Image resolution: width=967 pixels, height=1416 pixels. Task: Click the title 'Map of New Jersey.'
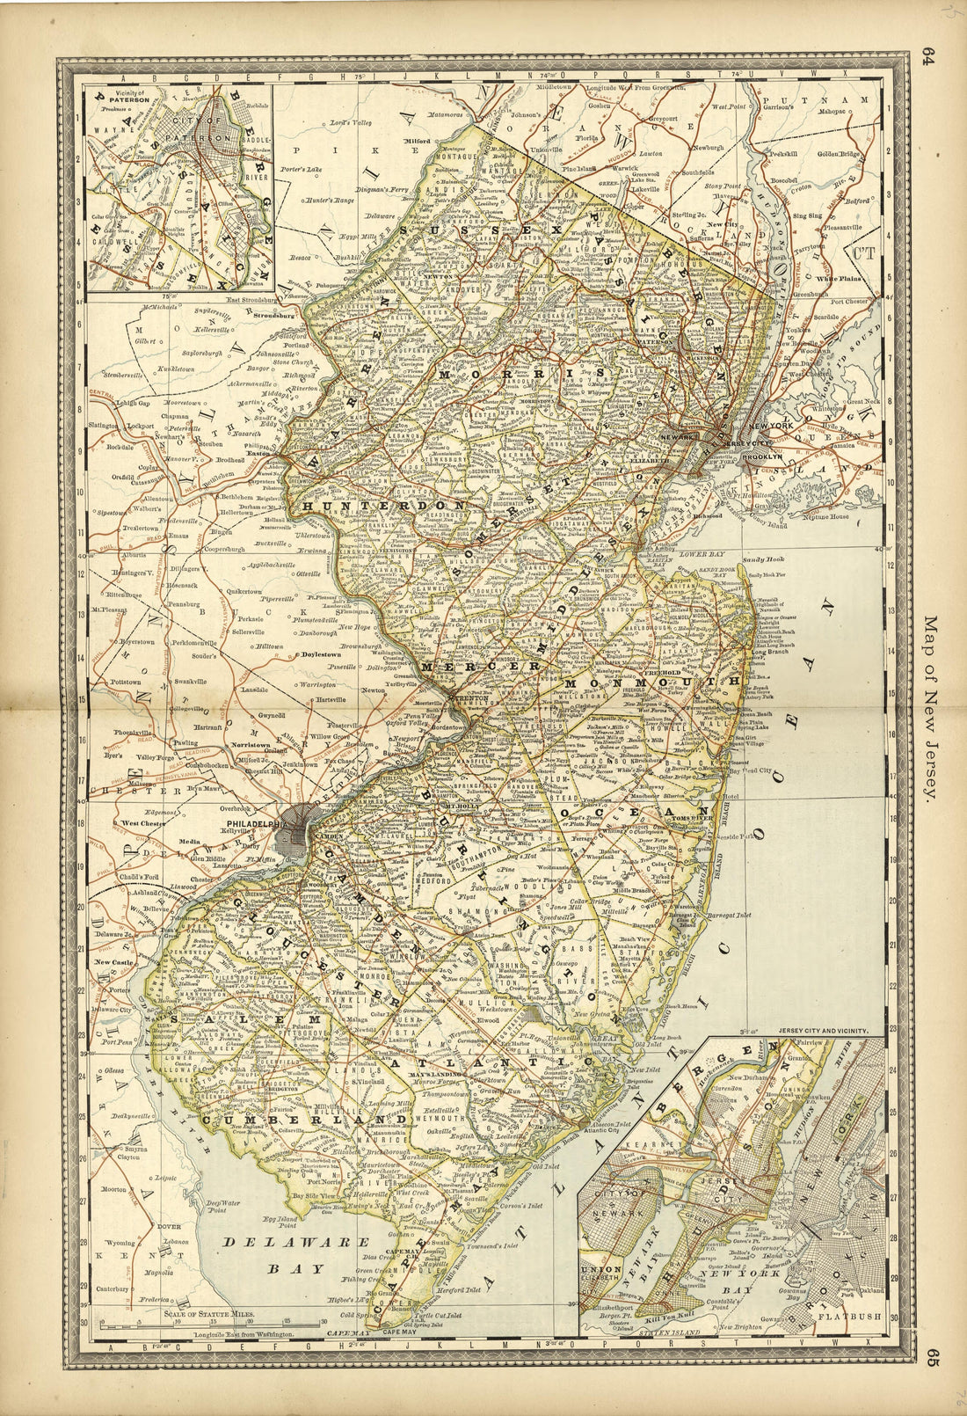(930, 706)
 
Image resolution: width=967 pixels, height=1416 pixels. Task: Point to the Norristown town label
(250, 743)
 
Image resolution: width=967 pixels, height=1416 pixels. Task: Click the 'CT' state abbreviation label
(864, 251)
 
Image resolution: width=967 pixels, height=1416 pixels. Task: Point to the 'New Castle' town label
(113, 962)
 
